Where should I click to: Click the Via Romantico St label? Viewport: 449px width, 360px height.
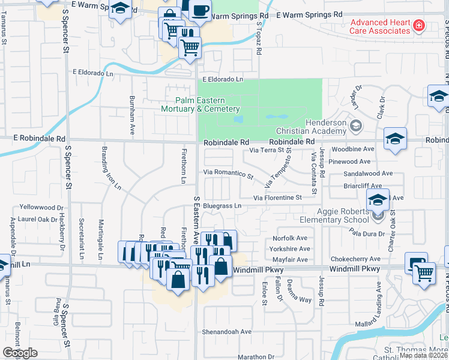coord(229,173)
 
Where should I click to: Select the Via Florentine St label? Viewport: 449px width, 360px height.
coord(277,197)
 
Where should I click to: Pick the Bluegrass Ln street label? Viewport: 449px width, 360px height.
coord(221,206)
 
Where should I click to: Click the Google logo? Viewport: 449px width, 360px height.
coord(20,352)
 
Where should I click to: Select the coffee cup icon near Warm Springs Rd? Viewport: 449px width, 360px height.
coord(200,10)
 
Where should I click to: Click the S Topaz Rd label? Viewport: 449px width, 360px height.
coord(259,39)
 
